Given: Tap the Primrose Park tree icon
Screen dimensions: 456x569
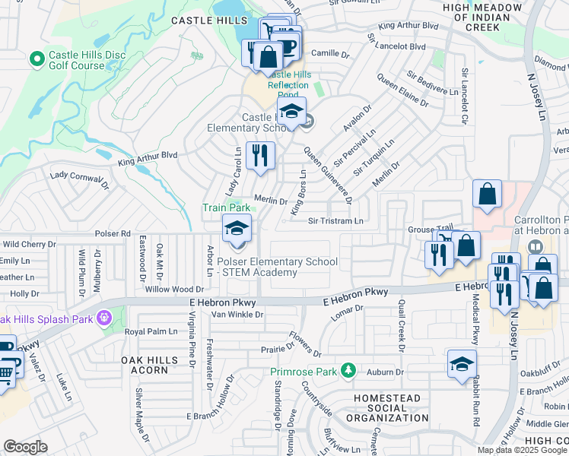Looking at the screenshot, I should click(348, 371).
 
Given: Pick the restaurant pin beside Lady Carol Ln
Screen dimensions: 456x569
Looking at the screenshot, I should click(260, 157).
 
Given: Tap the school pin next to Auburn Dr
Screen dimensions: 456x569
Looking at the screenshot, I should click(462, 365).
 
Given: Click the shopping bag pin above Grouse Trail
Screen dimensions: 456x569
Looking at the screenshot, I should click(487, 195).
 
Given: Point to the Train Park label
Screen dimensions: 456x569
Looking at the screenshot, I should click(226, 207).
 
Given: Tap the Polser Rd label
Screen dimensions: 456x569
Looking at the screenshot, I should click(113, 233).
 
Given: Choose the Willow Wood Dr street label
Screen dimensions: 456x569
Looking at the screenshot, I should click(175, 289).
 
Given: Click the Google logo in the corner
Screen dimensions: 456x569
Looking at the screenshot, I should click(26, 447).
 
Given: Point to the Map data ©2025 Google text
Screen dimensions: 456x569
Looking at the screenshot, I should click(522, 450).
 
